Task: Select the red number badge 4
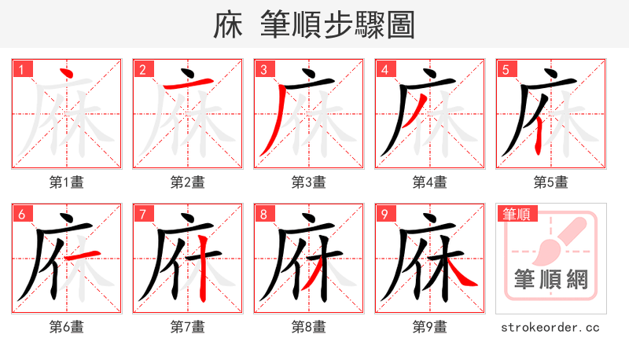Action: (x=385, y=70)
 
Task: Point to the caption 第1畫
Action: (x=67, y=182)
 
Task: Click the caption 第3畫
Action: (x=309, y=182)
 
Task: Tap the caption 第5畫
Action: (x=551, y=182)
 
